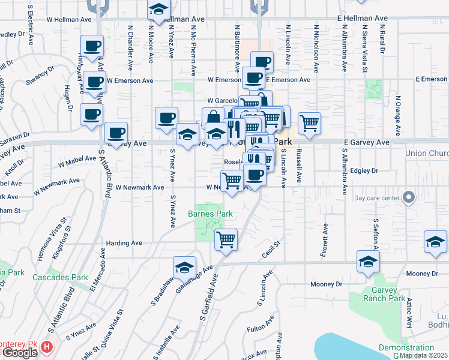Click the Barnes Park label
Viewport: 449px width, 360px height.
click(210, 214)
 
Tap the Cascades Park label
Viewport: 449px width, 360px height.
click(52, 277)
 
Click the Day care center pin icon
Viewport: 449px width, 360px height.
click(409, 197)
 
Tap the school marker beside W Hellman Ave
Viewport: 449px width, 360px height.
click(158, 11)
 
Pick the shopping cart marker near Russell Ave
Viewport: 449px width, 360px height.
click(309, 124)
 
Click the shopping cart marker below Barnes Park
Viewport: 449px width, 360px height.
click(226, 240)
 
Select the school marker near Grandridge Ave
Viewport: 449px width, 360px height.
click(185, 267)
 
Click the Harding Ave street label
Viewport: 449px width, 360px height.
click(124, 244)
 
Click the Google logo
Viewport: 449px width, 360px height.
click(19, 353)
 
